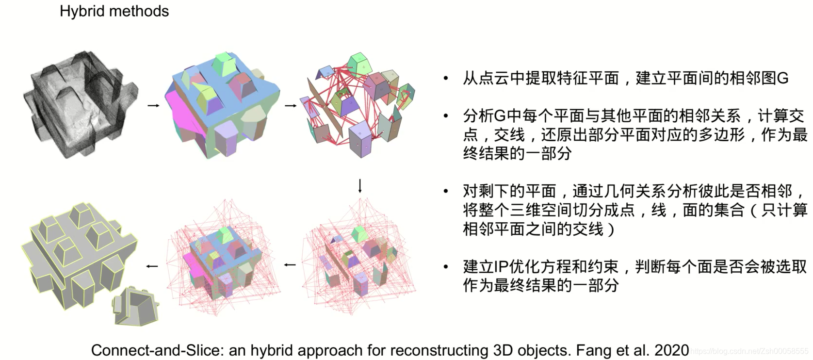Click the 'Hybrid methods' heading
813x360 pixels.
114,11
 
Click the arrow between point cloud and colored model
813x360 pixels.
153,105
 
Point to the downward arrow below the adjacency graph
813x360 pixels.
359,186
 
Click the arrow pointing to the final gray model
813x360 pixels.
152,266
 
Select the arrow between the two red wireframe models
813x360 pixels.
290,265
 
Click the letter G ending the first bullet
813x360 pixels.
782,79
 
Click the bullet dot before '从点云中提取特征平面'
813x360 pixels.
445,79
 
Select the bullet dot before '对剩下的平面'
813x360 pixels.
445,191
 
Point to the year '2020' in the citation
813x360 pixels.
671,350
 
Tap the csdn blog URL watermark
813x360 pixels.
749,351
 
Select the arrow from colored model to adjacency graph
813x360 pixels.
290,105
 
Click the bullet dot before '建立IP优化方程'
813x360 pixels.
445,267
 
